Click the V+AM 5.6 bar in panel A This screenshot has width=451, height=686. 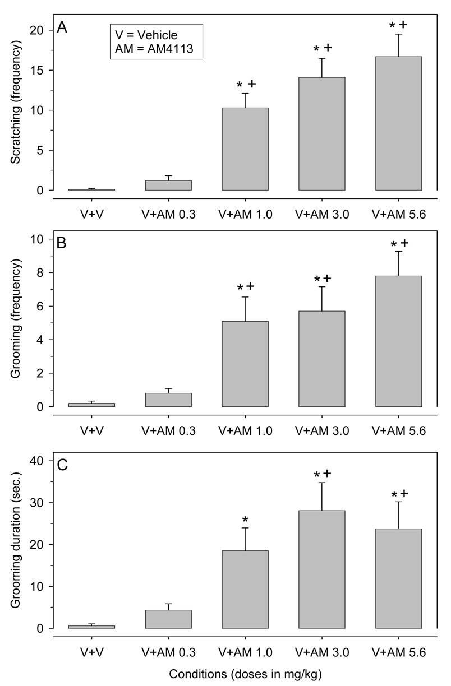pos(398,123)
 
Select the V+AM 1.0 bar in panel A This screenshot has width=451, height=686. pos(245,149)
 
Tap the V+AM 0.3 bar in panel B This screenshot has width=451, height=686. pos(169,400)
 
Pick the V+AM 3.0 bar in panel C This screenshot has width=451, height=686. pos(321,569)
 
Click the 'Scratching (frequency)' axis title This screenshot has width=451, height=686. pos(15,109)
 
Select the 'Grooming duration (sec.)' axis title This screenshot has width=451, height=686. pos(15,546)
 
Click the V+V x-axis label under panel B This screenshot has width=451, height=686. pos(92,431)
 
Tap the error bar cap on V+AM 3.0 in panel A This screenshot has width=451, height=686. pos(321,58)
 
